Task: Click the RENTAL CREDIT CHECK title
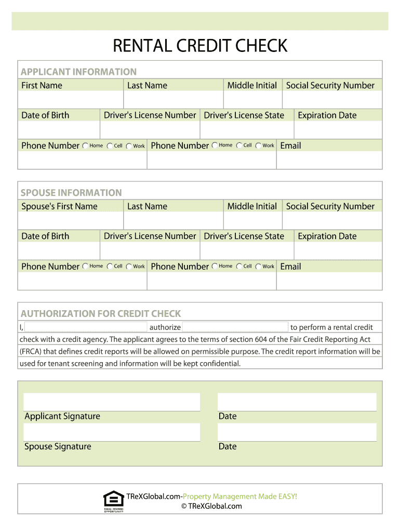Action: (x=200, y=46)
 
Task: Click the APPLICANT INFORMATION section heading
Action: (x=78, y=72)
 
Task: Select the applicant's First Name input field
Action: (x=71, y=100)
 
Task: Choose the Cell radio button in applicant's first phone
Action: (x=110, y=146)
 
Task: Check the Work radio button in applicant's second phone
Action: (x=258, y=146)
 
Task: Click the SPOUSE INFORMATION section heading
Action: (x=71, y=193)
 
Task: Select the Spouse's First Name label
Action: (x=59, y=206)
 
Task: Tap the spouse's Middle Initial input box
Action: (x=252, y=221)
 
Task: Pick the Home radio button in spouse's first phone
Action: (x=85, y=267)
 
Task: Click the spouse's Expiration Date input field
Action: (x=338, y=251)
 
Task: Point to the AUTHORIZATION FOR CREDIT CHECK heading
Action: (x=101, y=314)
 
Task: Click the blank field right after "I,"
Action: (x=86, y=327)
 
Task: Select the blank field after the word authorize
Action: (x=235, y=327)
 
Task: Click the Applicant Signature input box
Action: (x=112, y=402)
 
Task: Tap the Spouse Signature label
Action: (x=58, y=446)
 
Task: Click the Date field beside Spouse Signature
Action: (x=297, y=432)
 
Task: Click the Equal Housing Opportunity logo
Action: (x=114, y=501)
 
